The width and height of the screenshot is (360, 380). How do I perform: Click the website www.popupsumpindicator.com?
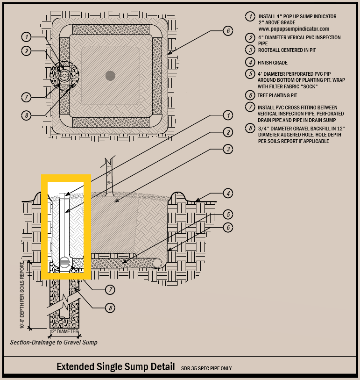point(294,29)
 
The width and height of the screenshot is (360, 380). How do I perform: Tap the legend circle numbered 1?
point(250,16)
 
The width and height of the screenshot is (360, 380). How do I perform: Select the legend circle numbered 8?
point(250,128)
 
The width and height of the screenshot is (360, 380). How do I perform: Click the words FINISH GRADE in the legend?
point(273,63)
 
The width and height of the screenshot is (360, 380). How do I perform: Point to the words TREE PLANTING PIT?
point(277,95)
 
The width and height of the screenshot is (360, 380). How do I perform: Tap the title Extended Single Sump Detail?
point(116,366)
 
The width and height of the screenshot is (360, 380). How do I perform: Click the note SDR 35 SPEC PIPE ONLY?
point(206,368)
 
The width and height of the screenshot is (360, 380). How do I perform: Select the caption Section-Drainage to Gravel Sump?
point(54,342)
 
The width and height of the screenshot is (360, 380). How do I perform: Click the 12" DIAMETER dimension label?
point(64,331)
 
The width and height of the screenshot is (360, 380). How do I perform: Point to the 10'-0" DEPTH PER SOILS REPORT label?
point(22,295)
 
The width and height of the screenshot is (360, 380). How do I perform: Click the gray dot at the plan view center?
point(110,76)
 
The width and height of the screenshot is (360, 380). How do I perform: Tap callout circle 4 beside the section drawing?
point(228,194)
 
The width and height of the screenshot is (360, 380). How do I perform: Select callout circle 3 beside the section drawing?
point(228,149)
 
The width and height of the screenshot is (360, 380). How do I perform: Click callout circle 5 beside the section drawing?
point(228,214)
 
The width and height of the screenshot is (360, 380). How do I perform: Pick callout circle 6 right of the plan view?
point(228,31)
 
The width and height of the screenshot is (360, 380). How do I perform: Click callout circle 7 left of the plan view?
point(27,97)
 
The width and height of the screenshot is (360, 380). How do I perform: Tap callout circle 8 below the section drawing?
point(110,308)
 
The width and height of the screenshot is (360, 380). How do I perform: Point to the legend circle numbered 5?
point(250,74)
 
